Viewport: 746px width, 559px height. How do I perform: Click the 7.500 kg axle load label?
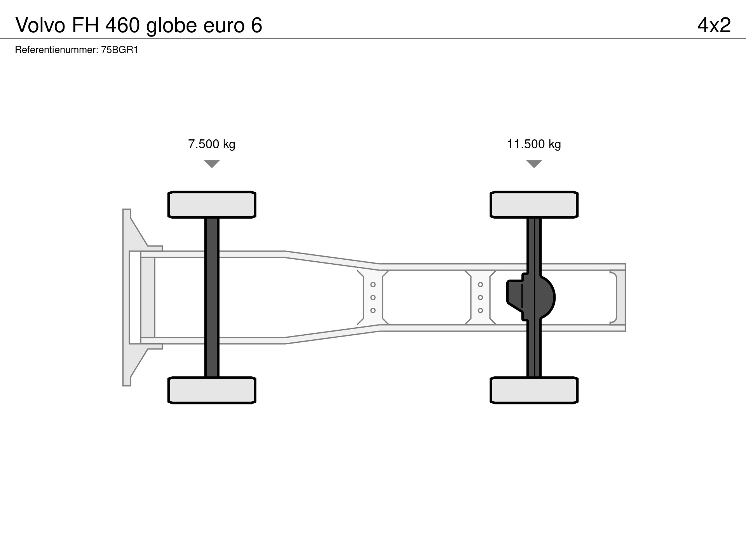(x=212, y=144)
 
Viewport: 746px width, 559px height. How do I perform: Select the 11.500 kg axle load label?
(x=534, y=144)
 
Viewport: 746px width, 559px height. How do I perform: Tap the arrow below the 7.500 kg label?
(x=212, y=164)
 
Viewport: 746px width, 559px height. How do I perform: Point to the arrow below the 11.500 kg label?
(x=534, y=164)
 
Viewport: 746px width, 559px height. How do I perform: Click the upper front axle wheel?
(x=212, y=205)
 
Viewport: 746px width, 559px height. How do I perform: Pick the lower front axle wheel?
(x=212, y=390)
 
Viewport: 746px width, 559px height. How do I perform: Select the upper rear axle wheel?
(x=534, y=205)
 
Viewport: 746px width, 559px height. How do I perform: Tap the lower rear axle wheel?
(x=534, y=390)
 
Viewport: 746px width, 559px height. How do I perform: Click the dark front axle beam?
(x=212, y=297)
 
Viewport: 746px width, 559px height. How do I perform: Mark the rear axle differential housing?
(x=531, y=297)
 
